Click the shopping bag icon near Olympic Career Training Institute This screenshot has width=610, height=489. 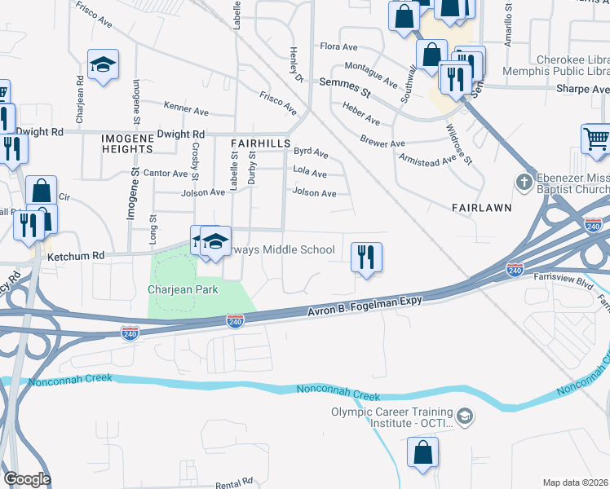point(422,453)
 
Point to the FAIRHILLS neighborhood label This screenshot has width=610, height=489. point(261,143)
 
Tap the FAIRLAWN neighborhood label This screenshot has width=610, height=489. point(481,208)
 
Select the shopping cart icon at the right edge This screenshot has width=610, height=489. point(596,139)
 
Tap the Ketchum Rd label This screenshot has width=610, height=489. point(76,255)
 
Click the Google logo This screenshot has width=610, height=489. point(27,479)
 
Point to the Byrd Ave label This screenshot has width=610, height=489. point(311,152)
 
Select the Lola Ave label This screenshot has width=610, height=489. point(310,174)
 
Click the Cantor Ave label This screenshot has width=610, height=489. point(165,173)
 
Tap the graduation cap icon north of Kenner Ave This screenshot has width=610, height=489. point(104,64)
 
